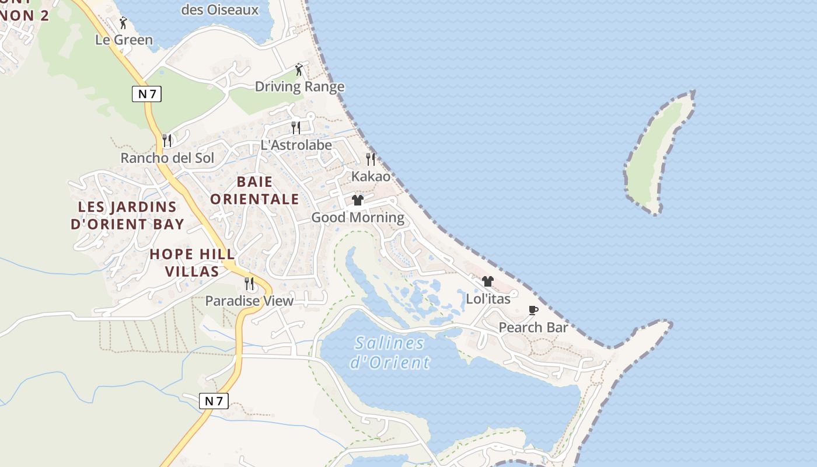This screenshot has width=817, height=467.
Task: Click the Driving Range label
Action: pos(299,87)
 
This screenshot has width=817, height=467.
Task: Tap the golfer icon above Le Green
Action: pos(123,23)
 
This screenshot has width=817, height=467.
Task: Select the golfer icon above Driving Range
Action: pos(299,69)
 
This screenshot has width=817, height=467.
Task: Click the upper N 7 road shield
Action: pos(146,93)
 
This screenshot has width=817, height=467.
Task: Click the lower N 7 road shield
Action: pos(214,401)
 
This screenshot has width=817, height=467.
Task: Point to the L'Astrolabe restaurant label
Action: pos(296,145)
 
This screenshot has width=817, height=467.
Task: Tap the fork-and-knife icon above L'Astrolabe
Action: pos(296,127)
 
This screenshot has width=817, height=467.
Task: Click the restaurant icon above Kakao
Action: pos(371,159)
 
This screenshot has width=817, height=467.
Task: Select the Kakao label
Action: pos(371,176)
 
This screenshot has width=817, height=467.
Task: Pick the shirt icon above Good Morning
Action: pos(358,200)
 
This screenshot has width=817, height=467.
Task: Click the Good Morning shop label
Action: pos(358,218)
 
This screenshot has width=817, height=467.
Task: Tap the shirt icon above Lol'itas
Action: pos(488,281)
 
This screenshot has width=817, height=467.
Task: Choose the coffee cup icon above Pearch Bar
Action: pos(533,310)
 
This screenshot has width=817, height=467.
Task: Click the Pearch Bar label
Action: pos(533,327)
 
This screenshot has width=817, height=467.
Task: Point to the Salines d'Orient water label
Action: pos(390,353)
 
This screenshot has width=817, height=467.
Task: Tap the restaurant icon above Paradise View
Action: pos(249,284)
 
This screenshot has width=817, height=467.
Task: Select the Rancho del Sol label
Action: pos(167,158)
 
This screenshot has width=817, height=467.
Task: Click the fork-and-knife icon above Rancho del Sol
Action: pos(167,140)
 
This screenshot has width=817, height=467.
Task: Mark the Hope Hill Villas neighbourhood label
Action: pos(192,263)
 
